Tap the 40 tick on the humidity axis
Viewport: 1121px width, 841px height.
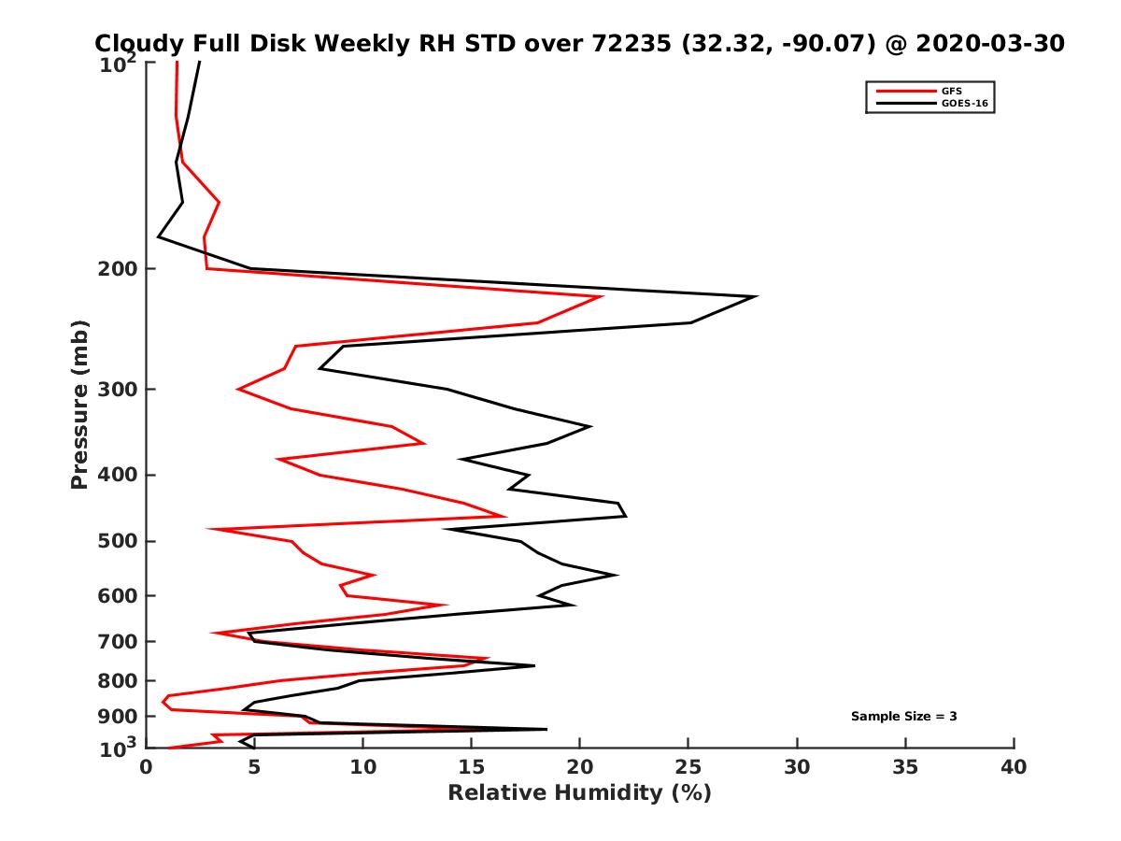(1013, 768)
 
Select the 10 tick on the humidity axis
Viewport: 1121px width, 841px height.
(362, 768)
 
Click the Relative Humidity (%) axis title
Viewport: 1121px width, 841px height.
(579, 793)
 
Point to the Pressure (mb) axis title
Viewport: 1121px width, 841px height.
(79, 404)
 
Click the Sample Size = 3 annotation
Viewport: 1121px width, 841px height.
(903, 717)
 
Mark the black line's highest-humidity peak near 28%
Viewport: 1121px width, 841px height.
(755, 296)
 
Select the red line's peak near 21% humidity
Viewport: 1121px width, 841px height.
(602, 297)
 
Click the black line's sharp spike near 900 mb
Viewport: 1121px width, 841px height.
(546, 729)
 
